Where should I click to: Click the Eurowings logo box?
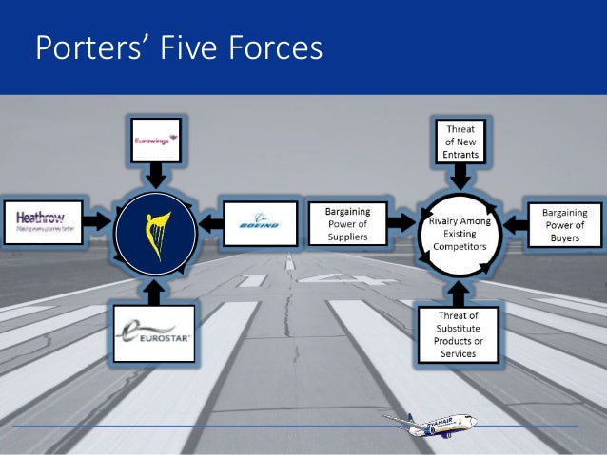[x=155, y=140]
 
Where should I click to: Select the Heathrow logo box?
[x=43, y=222]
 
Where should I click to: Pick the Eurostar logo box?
[x=153, y=332]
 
